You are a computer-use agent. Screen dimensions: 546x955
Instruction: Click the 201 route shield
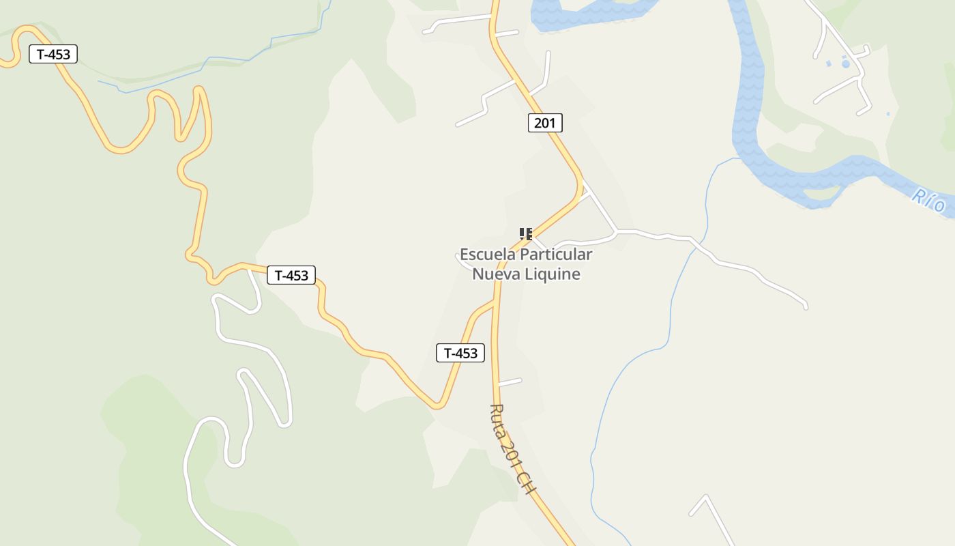tap(545, 123)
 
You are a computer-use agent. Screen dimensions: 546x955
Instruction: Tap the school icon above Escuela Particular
tap(525, 234)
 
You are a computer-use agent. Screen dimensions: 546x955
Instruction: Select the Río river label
tap(929, 200)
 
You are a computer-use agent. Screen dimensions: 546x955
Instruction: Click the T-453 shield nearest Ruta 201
tap(460, 353)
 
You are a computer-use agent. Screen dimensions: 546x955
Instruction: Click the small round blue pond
tap(846, 63)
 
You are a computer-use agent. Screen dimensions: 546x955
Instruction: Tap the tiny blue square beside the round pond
tap(829, 63)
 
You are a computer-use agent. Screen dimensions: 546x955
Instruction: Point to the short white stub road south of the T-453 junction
tap(510, 382)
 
